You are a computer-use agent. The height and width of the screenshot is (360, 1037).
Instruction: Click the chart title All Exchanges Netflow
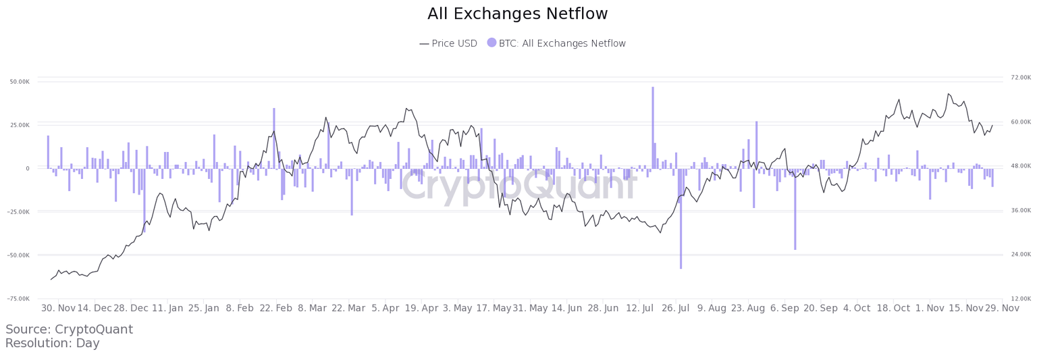click(518, 14)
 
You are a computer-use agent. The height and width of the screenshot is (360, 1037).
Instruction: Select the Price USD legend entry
click(448, 43)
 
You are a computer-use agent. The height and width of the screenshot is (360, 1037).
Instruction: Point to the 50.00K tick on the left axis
click(19, 82)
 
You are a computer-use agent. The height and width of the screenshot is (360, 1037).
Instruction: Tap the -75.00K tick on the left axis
click(19, 299)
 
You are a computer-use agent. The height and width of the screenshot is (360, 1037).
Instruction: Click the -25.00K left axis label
click(19, 212)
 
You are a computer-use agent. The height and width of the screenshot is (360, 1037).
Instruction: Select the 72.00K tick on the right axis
click(1021, 78)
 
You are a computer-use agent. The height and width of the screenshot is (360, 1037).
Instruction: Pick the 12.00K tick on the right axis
click(1021, 299)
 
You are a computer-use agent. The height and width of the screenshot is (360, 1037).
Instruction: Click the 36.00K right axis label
click(1021, 211)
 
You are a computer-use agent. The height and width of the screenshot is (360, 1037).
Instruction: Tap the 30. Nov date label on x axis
click(58, 309)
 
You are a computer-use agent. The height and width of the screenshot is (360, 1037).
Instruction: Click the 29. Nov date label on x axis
click(1001, 309)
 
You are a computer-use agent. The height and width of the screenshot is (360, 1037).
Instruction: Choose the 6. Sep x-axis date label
click(785, 309)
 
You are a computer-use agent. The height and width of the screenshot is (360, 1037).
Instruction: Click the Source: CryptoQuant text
click(69, 330)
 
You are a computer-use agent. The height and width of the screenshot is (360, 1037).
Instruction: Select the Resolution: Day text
click(52, 343)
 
